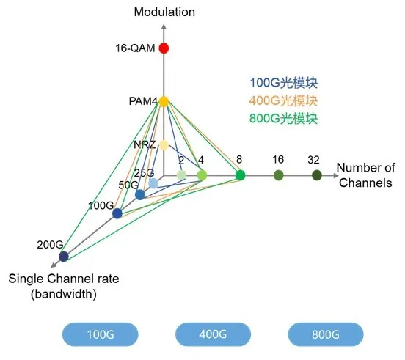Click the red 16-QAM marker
(x=164, y=48)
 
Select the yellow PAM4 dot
(x=164, y=101)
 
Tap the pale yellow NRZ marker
(x=164, y=144)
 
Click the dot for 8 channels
(x=240, y=175)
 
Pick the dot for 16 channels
(x=279, y=175)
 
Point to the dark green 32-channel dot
(x=317, y=175)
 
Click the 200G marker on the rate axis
(x=64, y=256)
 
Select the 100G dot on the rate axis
(x=117, y=213)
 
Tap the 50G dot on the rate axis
(x=140, y=195)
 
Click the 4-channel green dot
(x=202, y=175)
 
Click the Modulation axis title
(x=165, y=12)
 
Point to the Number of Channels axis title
(x=365, y=175)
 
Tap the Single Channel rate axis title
(x=63, y=286)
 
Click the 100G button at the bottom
(x=100, y=334)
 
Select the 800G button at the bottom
(x=325, y=334)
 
